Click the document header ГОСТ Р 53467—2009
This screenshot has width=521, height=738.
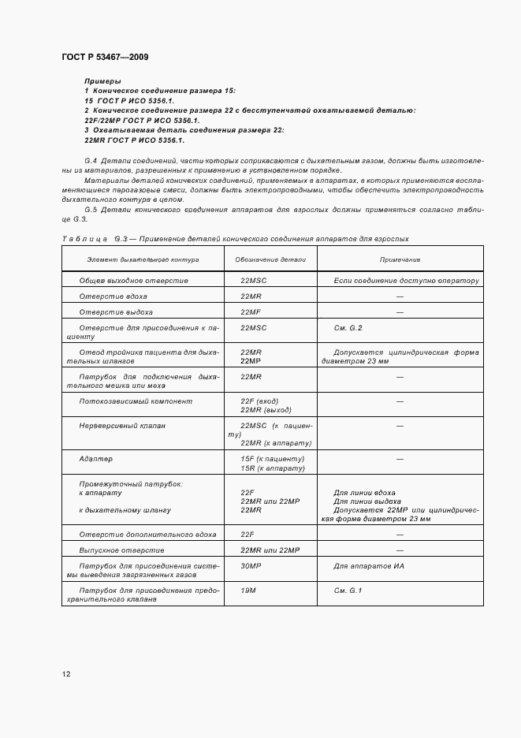(104, 58)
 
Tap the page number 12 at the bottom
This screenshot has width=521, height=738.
(66, 674)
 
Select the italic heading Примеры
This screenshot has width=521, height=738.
(102, 81)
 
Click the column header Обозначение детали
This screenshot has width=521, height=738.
(270, 259)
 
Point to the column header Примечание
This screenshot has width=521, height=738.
(400, 259)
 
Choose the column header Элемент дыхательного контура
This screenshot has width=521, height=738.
(143, 259)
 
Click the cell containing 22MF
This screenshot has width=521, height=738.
(251, 311)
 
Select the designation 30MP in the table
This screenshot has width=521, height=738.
(251, 566)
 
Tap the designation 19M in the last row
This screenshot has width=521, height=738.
(248, 590)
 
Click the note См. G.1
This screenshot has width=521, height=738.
(348, 590)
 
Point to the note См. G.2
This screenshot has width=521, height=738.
(348, 327)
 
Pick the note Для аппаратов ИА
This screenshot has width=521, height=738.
(369, 566)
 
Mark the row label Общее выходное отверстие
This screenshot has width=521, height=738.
(133, 280)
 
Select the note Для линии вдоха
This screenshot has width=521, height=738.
(364, 492)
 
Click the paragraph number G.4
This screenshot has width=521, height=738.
(90, 161)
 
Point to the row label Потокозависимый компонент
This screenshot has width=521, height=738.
(135, 401)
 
